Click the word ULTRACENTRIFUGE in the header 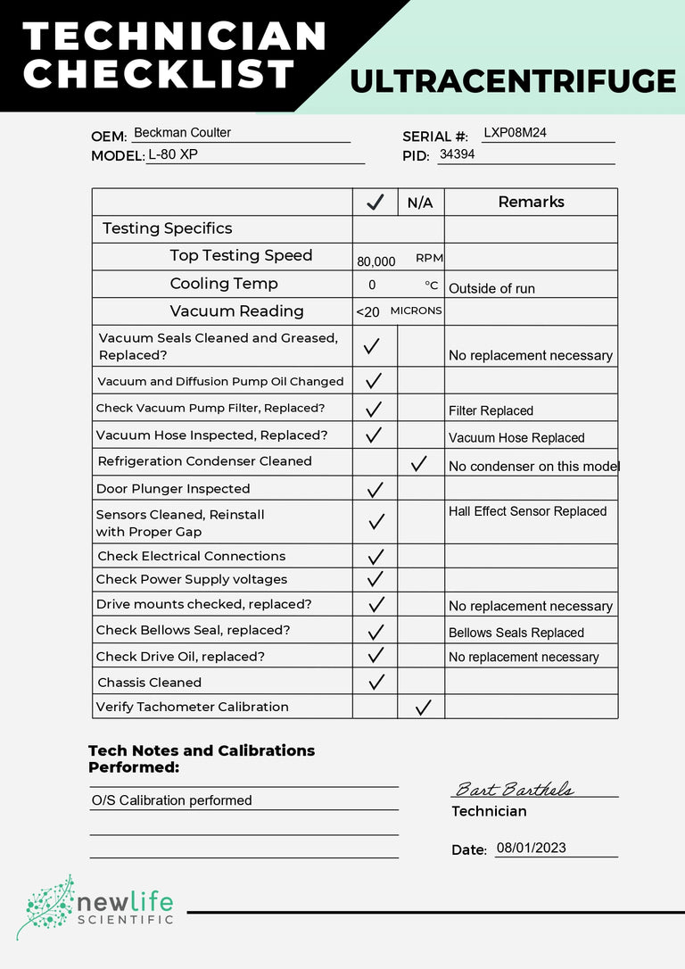[513, 81]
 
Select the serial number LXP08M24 [515, 133]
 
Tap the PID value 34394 [457, 154]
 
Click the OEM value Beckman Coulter [182, 133]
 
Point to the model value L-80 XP [173, 154]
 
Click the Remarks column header [531, 203]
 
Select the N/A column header [420, 203]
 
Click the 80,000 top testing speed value [376, 261]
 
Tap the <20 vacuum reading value [367, 311]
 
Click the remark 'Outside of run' [491, 289]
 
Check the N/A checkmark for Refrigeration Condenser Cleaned [418, 463]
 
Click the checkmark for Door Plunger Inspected [376, 489]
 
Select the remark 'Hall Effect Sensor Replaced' [527, 511]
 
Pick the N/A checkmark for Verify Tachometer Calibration [423, 708]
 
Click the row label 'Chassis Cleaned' [150, 683]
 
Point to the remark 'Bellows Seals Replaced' [516, 633]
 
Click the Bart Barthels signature [514, 790]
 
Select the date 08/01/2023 [531, 849]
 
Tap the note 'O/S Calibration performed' [171, 800]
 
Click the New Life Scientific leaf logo [45, 907]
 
